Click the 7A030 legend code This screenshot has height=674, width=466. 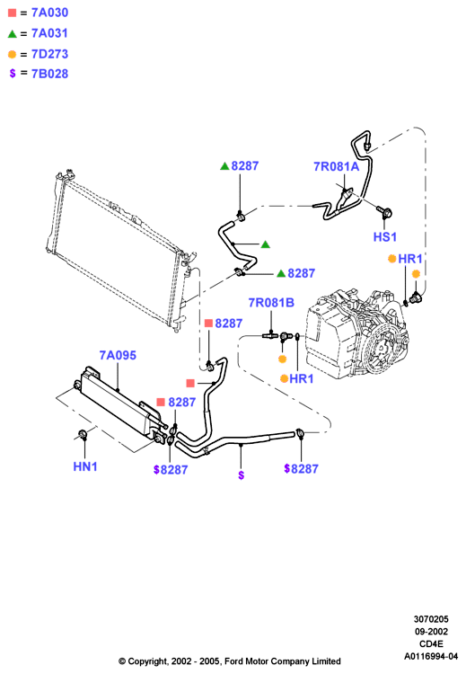[49, 13]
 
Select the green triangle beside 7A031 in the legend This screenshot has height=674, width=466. [12, 33]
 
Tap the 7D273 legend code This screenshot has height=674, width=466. [49, 54]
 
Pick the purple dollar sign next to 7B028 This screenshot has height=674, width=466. [13, 74]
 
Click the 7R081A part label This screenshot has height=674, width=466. [337, 166]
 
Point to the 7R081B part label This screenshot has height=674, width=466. [271, 303]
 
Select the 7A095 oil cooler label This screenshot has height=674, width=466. [118, 355]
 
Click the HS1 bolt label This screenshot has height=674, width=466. [385, 237]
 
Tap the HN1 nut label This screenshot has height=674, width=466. [85, 466]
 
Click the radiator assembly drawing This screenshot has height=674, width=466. [120, 252]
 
